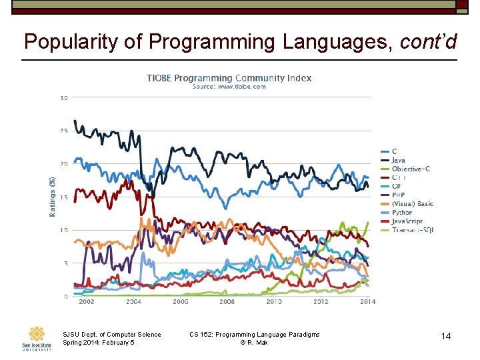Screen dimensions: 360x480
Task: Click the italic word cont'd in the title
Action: [x=428, y=43]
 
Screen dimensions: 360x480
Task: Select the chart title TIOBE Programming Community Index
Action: [x=229, y=78]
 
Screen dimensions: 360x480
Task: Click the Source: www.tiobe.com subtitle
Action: [x=229, y=87]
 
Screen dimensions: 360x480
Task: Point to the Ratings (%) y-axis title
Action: [x=52, y=195]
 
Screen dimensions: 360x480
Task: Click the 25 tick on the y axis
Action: [x=64, y=131]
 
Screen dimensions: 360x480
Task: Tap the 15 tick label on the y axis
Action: [x=64, y=197]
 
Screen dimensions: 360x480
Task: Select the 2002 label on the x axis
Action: [x=86, y=302]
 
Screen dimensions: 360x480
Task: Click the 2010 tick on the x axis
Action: [x=273, y=302]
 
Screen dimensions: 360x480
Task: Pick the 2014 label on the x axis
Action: [x=367, y=302]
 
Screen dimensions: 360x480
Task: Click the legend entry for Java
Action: [x=398, y=161]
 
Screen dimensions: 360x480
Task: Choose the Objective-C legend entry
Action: [x=410, y=169]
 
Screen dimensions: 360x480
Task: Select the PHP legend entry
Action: [x=398, y=195]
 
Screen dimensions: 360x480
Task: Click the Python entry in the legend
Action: [x=402, y=213]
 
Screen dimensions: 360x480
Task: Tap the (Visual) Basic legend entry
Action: [x=412, y=204]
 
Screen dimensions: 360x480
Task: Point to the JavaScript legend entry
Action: [x=407, y=221]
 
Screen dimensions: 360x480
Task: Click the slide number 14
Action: [x=446, y=337]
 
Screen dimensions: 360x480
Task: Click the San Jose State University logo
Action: [x=37, y=338]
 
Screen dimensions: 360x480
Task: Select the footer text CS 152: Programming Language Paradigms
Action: [x=254, y=335]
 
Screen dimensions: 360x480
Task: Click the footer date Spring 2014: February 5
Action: [x=98, y=343]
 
